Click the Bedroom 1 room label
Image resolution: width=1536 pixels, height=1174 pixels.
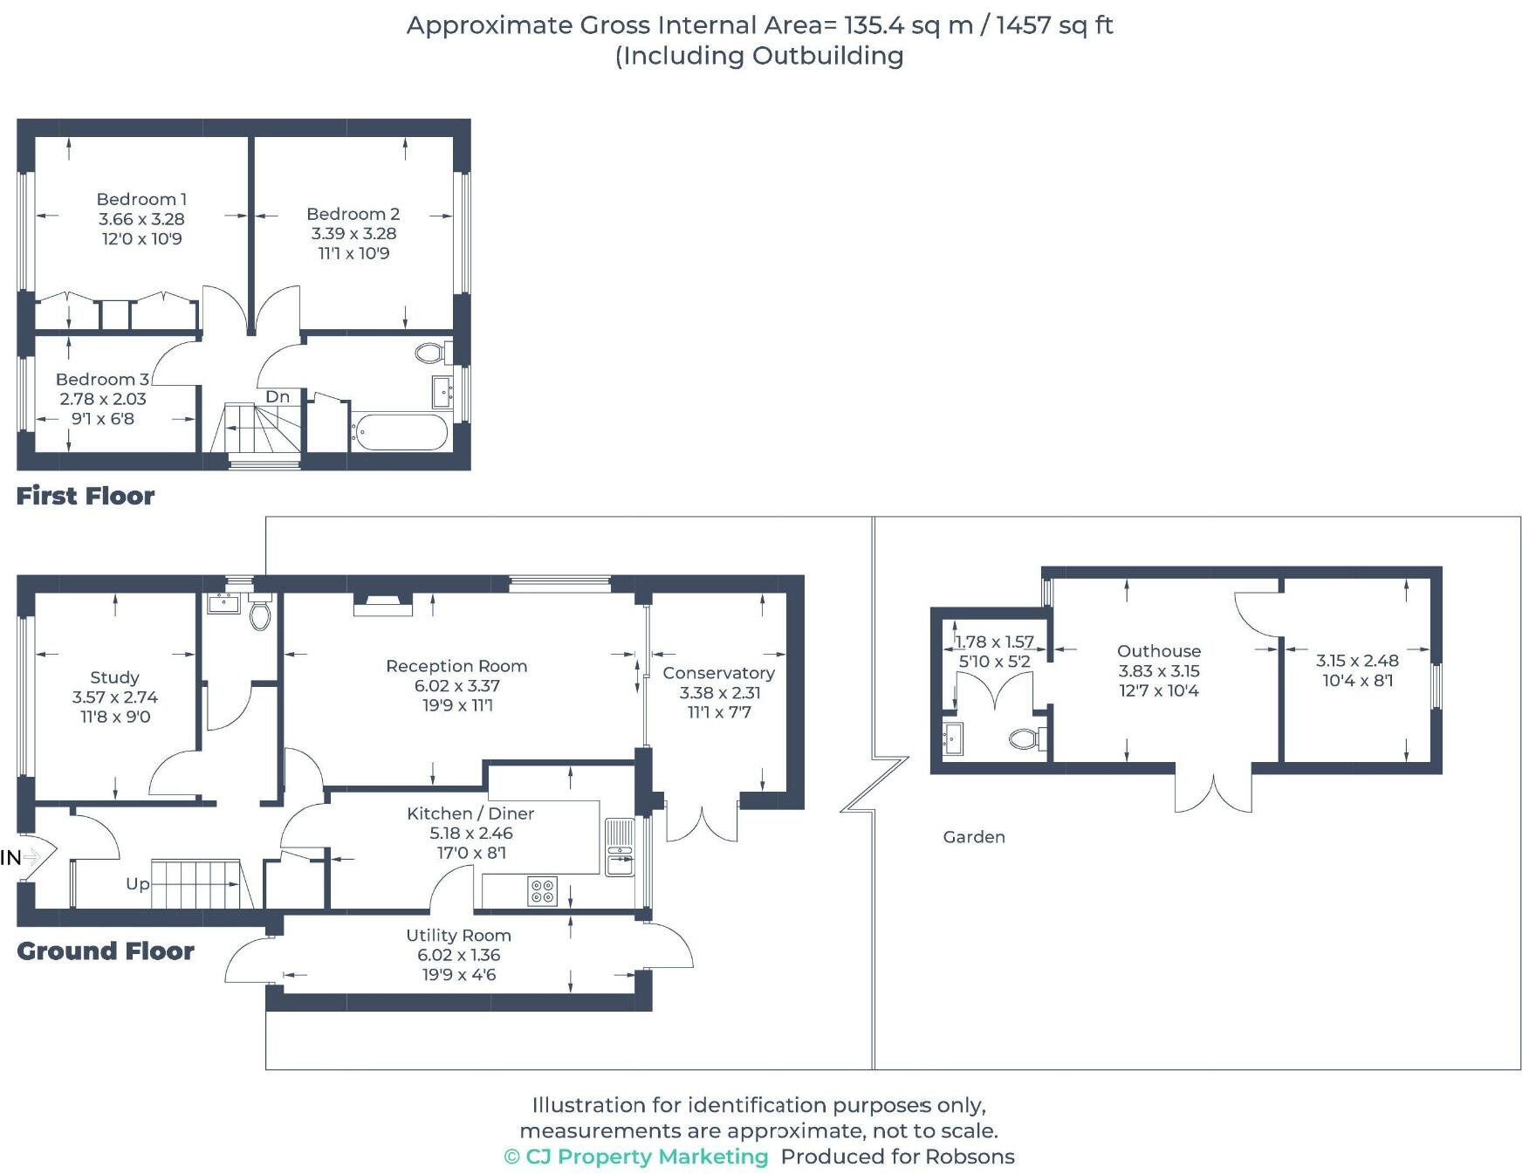tap(141, 199)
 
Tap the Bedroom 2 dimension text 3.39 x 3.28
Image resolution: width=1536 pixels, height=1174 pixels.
tap(353, 234)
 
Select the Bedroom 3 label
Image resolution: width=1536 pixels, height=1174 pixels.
tap(102, 379)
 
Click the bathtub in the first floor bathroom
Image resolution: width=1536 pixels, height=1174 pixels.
tap(401, 432)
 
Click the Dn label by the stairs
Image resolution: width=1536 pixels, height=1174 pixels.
tap(278, 396)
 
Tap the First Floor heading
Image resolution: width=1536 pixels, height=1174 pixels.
tap(86, 496)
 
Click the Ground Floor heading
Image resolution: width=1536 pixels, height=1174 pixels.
tap(106, 951)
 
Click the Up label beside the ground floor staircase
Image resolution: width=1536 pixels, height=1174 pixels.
tap(137, 883)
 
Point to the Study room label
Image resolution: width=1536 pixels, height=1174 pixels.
tap(114, 677)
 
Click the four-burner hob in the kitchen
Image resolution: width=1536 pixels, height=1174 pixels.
tap(542, 890)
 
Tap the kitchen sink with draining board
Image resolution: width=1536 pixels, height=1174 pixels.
tap(620, 848)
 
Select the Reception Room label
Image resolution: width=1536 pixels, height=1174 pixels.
tap(456, 666)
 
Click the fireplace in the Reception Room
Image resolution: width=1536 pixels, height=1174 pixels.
tap(382, 604)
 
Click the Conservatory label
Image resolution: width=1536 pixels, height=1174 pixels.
tap(718, 673)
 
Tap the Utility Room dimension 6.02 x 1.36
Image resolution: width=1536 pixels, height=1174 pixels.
tap(458, 955)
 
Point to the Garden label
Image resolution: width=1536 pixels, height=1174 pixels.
tap(974, 837)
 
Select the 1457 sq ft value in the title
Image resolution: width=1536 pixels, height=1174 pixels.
tap(1054, 25)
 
